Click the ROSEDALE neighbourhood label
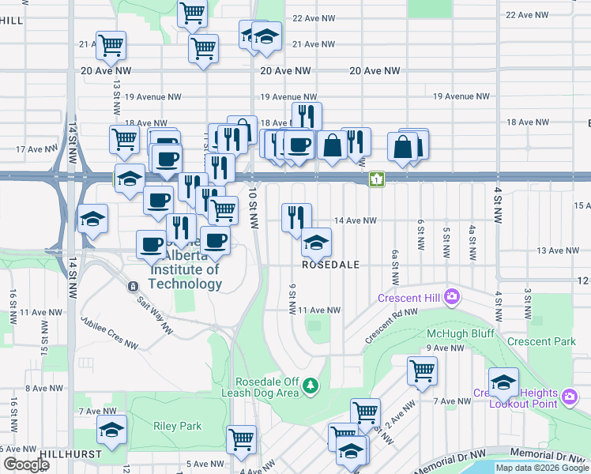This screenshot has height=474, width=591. pos(331,265)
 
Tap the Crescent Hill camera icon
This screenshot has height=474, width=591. pos(452,298)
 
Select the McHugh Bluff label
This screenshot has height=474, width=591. pos(460,333)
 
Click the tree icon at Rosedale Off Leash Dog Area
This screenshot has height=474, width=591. pos(312,386)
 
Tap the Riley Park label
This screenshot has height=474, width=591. pos(179,426)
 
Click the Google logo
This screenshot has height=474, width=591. pos(25,465)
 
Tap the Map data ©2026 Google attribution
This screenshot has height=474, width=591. pos(542,468)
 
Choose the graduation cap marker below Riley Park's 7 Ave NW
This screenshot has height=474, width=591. pos(112,430)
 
